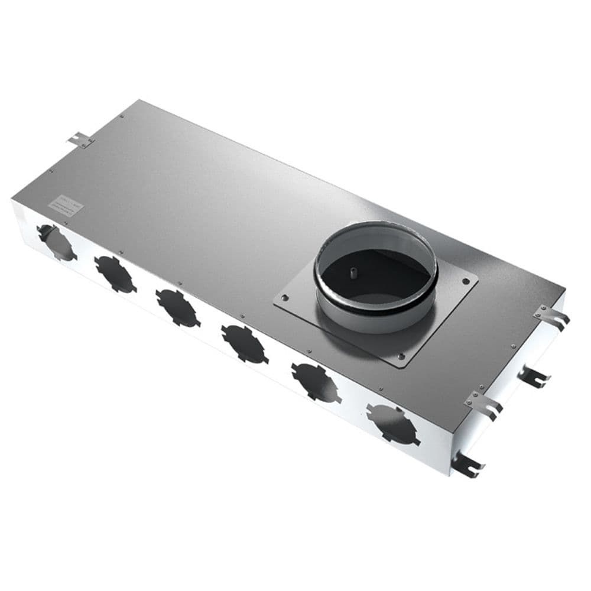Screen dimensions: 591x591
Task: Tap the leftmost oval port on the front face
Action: pos(56,243)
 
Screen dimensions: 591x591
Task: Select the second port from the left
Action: pos(115,274)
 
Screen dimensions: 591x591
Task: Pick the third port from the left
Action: pos(178,308)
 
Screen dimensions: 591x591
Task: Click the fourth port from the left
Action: pos(244,343)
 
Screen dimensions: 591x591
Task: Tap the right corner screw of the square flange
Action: pos(466,281)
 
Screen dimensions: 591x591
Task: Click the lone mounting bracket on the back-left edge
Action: pos(80,140)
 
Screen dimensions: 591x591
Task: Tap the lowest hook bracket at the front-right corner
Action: pos(467,465)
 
